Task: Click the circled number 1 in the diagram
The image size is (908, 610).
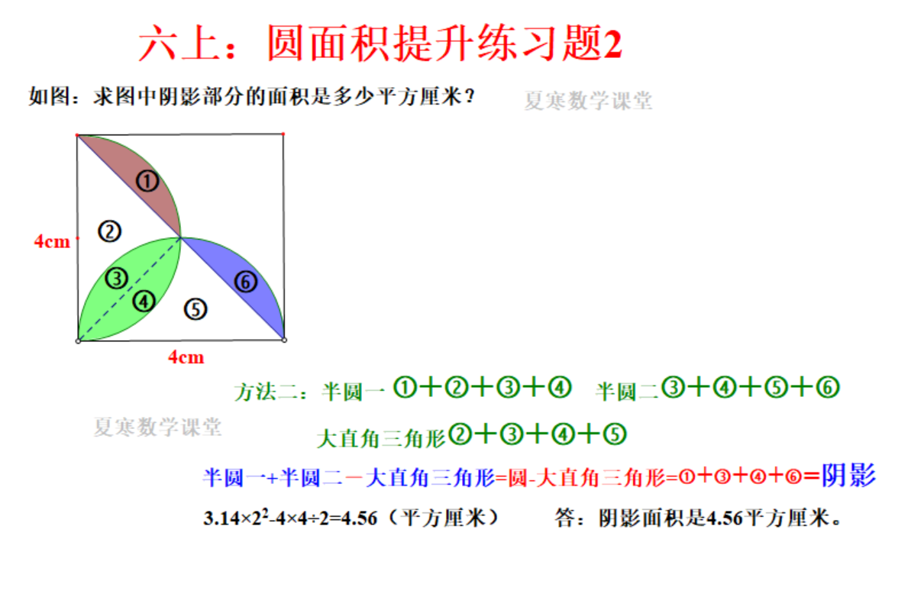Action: [147, 181]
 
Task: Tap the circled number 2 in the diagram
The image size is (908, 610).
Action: [109, 231]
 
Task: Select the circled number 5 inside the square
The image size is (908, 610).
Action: [195, 309]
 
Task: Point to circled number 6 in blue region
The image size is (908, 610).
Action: [246, 282]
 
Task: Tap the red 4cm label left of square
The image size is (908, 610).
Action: [52, 241]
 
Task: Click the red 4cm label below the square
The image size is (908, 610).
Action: [186, 357]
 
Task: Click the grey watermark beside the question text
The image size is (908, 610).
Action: [588, 101]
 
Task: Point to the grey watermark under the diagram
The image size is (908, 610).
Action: [157, 427]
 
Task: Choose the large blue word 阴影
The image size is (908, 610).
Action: [849, 475]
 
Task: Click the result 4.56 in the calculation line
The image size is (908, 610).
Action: [359, 518]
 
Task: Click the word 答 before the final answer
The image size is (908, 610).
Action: [565, 518]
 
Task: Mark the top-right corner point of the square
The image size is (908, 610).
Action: [283, 134]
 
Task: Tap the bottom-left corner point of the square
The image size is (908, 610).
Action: [78, 341]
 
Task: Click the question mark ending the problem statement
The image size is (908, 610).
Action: [470, 96]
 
